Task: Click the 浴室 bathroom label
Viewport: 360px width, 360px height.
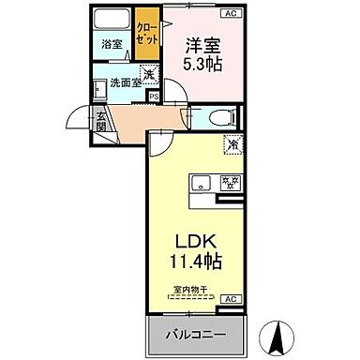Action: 112,42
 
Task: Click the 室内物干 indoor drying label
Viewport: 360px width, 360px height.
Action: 194,290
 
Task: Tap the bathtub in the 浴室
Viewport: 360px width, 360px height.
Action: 112,20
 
